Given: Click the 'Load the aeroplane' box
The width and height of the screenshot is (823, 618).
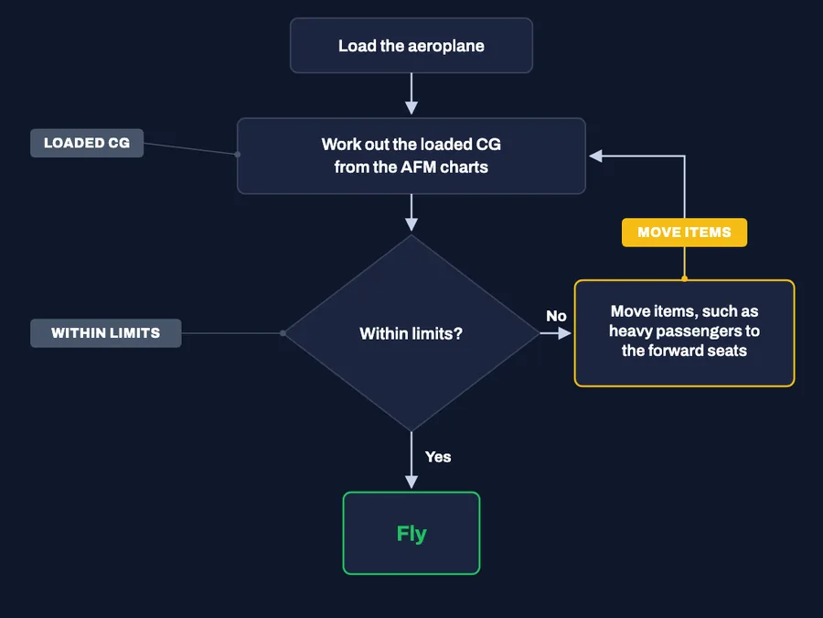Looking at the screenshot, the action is point(411,46).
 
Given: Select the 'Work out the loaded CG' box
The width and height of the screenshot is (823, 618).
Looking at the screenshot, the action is point(411,156).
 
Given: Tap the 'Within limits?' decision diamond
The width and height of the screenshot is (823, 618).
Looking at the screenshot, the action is point(411,333).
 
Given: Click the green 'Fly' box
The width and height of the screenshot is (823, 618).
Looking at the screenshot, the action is point(411,533).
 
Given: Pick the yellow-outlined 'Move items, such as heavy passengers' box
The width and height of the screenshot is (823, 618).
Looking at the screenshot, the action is point(684,333).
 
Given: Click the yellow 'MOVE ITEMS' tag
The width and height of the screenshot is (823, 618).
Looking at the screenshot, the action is point(684,233).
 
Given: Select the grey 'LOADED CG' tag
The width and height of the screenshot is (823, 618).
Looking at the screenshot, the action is point(87,143).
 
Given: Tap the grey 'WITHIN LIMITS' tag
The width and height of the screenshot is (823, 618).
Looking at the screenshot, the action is point(105,333).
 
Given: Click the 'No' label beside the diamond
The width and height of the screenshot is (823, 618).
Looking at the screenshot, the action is point(556,316).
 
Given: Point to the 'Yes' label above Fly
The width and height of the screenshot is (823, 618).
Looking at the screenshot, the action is point(438,457).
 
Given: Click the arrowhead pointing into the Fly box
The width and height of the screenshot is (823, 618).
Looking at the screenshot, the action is point(411,482).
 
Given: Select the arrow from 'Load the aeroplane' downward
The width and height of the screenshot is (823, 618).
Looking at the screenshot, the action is point(411,93).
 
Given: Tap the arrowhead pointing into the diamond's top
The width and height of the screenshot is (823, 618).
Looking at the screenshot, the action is point(411,224).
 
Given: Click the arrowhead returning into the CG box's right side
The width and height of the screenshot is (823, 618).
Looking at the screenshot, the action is point(595,156).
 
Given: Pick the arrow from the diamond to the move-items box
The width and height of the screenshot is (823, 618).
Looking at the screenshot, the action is point(555,333).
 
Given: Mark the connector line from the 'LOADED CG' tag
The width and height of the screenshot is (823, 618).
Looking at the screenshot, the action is point(190,148).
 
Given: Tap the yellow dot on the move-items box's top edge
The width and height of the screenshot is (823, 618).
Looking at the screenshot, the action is point(684,279).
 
